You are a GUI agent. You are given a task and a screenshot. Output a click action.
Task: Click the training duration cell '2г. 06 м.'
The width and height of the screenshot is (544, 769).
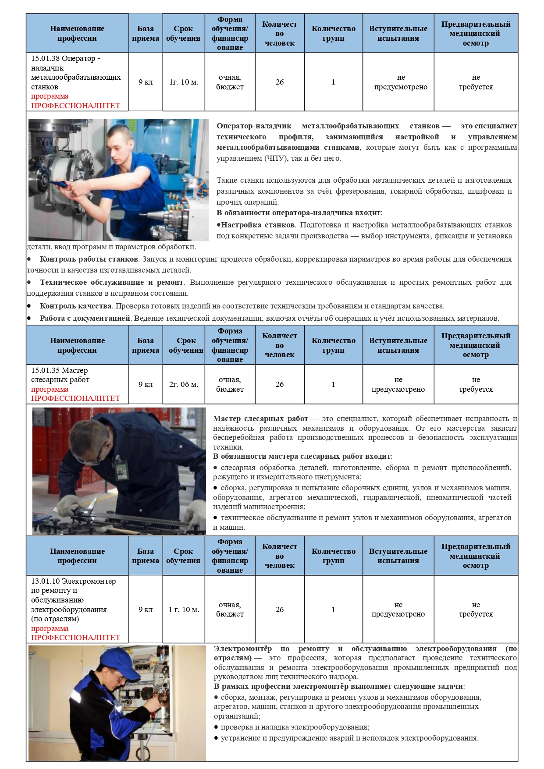click(183, 384)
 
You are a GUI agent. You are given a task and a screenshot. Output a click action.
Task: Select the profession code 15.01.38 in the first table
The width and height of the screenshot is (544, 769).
click(46, 59)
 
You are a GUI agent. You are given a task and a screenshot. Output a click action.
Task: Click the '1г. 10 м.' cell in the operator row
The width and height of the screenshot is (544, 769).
click(183, 82)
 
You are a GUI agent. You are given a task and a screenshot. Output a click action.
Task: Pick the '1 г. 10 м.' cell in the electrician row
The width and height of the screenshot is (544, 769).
click(183, 610)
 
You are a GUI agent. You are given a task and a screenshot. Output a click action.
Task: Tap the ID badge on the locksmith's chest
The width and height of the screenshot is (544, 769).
click(121, 472)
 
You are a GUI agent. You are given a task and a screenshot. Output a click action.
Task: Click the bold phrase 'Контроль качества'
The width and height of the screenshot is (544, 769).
click(75, 306)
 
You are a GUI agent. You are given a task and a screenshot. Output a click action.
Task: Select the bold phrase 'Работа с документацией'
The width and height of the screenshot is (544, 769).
click(85, 318)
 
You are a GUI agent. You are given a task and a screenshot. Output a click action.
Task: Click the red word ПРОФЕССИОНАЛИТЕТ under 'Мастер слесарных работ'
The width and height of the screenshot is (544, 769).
click(75, 399)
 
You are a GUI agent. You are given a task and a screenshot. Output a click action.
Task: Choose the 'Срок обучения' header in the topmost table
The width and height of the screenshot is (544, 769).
click(183, 33)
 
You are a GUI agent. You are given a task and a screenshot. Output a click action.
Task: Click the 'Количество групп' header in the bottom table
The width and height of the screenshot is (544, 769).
click(333, 556)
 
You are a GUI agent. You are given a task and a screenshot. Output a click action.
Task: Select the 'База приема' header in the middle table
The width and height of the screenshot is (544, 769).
click(145, 345)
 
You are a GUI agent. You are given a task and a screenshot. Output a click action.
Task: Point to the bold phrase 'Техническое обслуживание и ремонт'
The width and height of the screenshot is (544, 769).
click(111, 282)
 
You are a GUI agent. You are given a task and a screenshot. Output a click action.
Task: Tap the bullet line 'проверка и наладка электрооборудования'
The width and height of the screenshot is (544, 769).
click(295, 727)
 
